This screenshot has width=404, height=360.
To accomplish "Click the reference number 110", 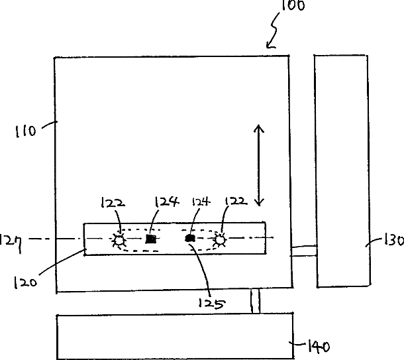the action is point(26,131).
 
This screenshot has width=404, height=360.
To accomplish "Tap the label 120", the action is point(25,282).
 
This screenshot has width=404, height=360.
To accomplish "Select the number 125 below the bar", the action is point(212,304).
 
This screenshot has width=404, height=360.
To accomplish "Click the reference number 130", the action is point(394,239).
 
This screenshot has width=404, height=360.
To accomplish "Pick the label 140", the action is point(319,346).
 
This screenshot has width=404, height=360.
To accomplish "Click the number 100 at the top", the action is point(293,5).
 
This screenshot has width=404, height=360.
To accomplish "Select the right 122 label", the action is point(236,201).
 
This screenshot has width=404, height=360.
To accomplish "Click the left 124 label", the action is point(166,202).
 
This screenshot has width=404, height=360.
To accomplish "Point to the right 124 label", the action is point(201,201).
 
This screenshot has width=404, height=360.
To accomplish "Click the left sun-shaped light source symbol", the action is point(119,240).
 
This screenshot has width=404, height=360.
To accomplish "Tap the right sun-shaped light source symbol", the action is point(220,239).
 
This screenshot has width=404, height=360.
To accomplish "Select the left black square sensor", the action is point(151,239).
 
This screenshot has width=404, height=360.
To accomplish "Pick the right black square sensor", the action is point(190,238).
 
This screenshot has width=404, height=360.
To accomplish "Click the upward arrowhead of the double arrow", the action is point(259,128).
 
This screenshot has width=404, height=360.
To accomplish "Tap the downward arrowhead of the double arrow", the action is point(259,202).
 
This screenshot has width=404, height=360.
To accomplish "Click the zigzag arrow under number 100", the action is point(273,30).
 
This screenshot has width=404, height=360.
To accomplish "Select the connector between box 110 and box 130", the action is point(304,251).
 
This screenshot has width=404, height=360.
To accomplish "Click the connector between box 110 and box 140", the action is point(256,301).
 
